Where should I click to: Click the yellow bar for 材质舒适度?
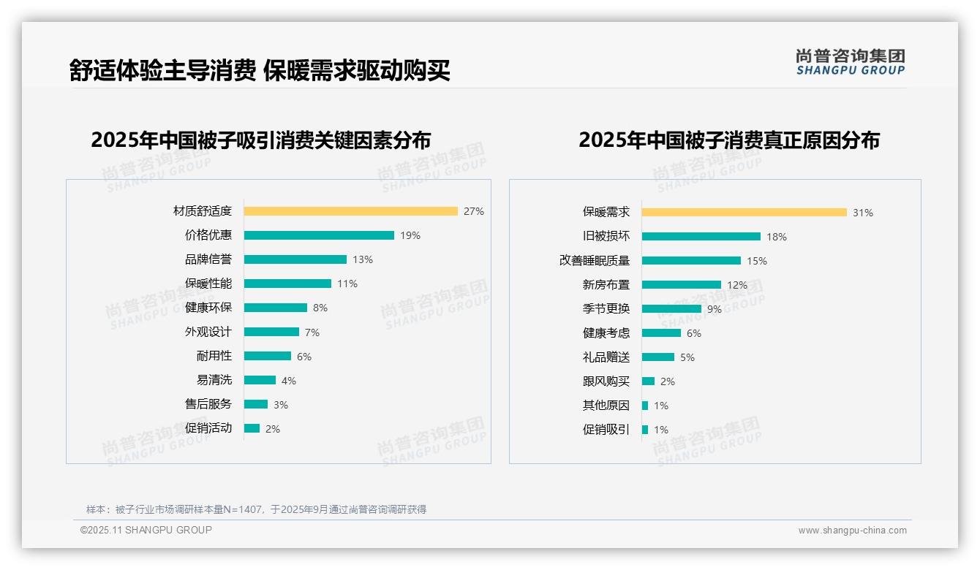pyautogui.click(x=350, y=211)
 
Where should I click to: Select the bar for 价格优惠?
pyautogui.click(x=319, y=235)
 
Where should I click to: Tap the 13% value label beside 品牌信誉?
pyautogui.click(x=362, y=259)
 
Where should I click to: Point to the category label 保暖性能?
pyautogui.click(x=208, y=284)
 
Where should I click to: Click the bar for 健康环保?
pyautogui.click(x=275, y=308)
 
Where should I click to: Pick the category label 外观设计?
pyautogui.click(x=208, y=332)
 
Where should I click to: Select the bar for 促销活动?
pyautogui.click(x=252, y=428)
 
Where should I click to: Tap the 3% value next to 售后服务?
pyautogui.click(x=281, y=405)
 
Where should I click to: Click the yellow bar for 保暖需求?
pyautogui.click(x=744, y=213)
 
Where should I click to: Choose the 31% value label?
pyautogui.click(x=862, y=213)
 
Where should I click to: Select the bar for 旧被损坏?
pyautogui.click(x=701, y=237)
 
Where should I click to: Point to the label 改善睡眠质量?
pyautogui.click(x=594, y=261)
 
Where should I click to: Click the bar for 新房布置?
pyautogui.click(x=681, y=285)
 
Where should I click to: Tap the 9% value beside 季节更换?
pyautogui.click(x=714, y=309)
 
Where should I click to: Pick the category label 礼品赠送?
pyautogui.click(x=606, y=357)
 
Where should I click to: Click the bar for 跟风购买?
pyautogui.click(x=648, y=381)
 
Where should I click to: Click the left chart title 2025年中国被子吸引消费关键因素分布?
pyautogui.click(x=260, y=140)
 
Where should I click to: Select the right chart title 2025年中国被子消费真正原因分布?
pyautogui.click(x=728, y=140)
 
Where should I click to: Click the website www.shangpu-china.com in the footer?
pyautogui.click(x=852, y=531)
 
